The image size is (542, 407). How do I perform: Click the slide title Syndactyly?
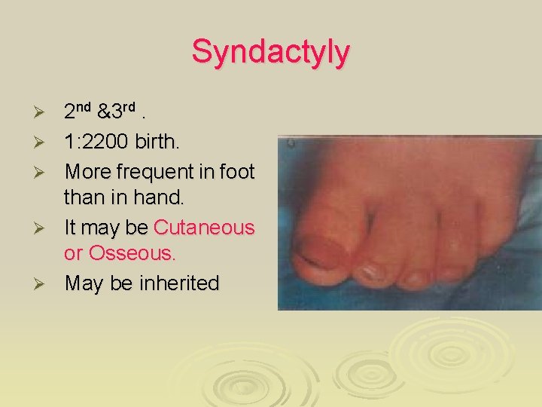[x=270, y=52]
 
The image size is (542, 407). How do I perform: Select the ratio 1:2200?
[x=97, y=142]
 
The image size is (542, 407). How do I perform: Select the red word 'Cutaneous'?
[x=204, y=227]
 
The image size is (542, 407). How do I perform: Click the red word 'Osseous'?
[x=129, y=254]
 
